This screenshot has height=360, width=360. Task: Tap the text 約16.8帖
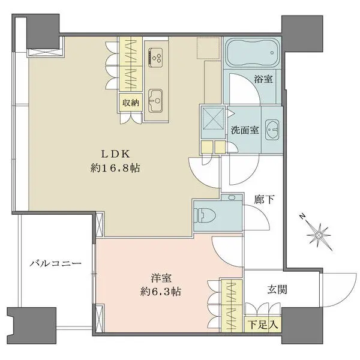tap(117, 169)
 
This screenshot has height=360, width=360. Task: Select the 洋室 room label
tap(159, 278)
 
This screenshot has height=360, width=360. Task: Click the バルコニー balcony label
tap(53, 263)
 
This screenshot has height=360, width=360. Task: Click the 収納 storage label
tap(131, 103)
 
